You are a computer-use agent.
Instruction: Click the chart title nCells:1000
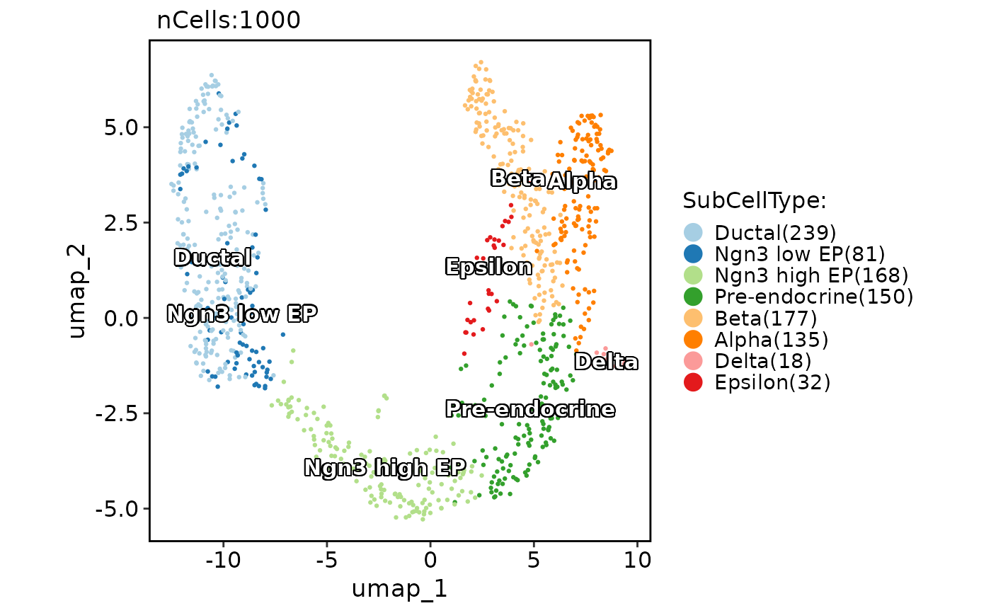(x=229, y=21)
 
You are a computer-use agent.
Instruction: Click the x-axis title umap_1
(x=399, y=588)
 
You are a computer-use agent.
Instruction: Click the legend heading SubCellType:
(x=755, y=202)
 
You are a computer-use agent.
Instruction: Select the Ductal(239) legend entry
(x=775, y=233)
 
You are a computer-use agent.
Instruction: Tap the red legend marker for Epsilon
(x=694, y=382)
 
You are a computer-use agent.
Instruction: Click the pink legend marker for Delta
(x=694, y=361)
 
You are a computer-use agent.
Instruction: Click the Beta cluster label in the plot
(x=517, y=178)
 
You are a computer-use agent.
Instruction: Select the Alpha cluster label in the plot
(x=583, y=182)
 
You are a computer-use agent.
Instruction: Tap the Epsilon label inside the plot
(x=488, y=267)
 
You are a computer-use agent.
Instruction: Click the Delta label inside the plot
(x=606, y=362)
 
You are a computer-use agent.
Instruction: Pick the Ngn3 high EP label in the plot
(x=385, y=467)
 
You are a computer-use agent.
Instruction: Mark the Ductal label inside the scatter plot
(x=212, y=258)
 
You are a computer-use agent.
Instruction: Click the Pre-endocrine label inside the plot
(x=530, y=409)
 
